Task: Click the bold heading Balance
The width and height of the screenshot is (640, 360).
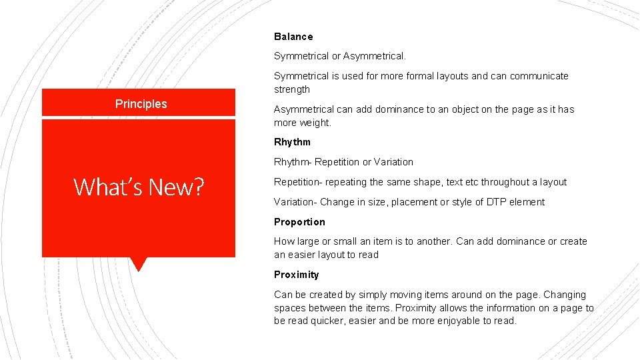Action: coord(293,37)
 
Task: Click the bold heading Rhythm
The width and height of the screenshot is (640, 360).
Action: coord(292,142)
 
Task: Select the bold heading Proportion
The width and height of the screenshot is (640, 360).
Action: coord(299,222)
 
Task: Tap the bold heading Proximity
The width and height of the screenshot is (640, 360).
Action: coord(296,275)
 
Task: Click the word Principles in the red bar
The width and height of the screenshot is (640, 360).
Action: coord(141,104)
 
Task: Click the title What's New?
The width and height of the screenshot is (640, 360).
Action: coord(139,187)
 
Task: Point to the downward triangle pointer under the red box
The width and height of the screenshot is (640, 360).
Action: coord(138,264)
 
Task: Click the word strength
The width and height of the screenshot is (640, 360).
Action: coord(292,89)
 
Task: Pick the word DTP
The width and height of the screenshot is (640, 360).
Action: coord(497,202)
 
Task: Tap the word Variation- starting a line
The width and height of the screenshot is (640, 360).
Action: coord(295,202)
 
